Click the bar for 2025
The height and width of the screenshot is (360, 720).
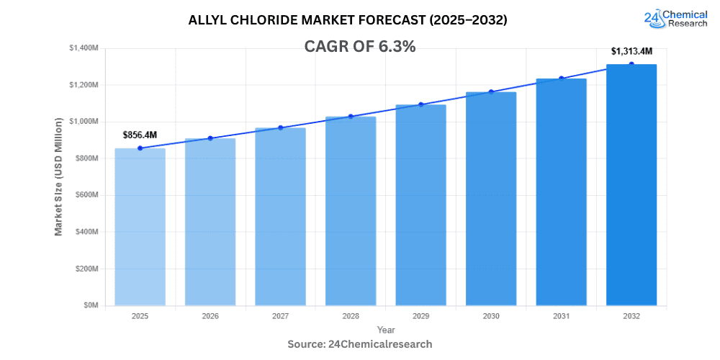tap(140, 227)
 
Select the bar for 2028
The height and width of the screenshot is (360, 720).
tap(351, 211)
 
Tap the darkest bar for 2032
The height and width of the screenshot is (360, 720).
tap(631, 185)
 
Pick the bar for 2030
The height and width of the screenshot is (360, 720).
tap(491, 199)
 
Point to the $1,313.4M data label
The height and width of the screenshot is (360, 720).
tap(631, 51)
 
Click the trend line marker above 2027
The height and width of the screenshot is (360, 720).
tap(280, 127)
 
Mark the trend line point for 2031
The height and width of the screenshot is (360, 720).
tap(561, 78)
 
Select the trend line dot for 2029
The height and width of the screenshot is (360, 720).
tap(420, 104)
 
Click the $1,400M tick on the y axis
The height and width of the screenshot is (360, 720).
tap(84, 48)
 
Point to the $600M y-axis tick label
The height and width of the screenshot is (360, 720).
tap(87, 195)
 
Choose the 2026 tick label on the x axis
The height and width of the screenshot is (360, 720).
tap(210, 316)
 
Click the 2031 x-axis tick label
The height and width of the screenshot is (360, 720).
tap(561, 316)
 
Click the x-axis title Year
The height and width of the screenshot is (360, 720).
tap(386, 330)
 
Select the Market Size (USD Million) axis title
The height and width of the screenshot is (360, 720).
tap(59, 176)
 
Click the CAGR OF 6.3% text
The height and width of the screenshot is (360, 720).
tap(361, 47)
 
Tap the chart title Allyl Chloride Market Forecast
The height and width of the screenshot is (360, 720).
tap(348, 20)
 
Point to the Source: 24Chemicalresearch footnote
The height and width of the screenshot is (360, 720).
tap(360, 344)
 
